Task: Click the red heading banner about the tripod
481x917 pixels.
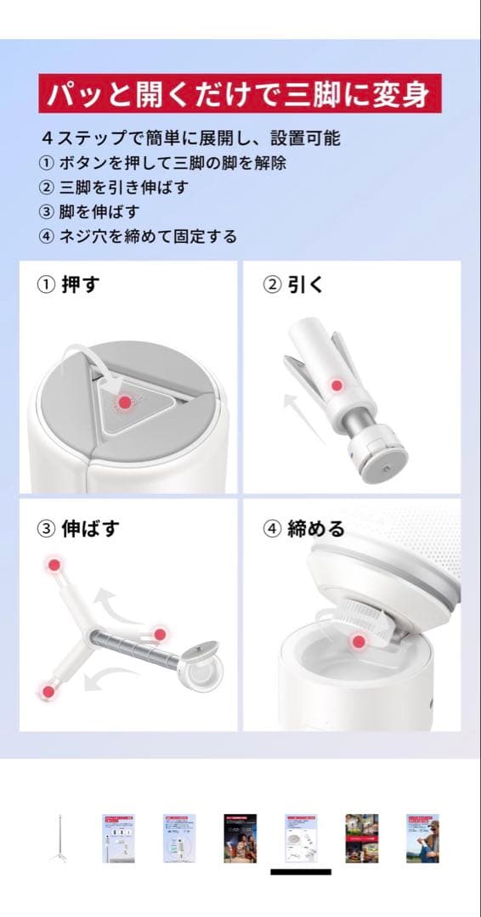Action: point(240,93)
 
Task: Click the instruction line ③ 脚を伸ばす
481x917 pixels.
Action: point(89,211)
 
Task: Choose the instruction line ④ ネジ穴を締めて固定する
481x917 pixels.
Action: point(138,236)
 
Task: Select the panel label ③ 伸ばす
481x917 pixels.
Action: point(78,528)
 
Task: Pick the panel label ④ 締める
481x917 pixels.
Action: point(304,528)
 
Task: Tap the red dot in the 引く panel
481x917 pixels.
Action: point(337,385)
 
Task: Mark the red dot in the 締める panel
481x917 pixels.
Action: point(359,643)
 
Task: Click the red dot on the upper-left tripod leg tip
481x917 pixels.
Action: point(54,565)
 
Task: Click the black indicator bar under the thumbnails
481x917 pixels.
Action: point(301,871)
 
